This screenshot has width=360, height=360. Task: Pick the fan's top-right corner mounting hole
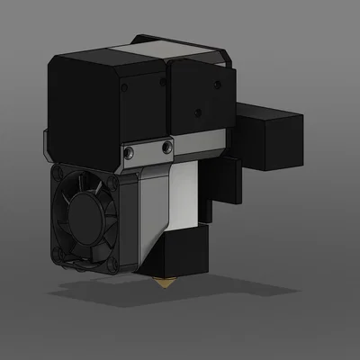pos(114,184)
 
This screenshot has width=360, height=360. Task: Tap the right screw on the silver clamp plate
pos(166,145)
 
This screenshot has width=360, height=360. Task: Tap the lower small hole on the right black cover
pos(200,114)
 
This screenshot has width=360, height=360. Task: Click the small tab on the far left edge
pos(45,144)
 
